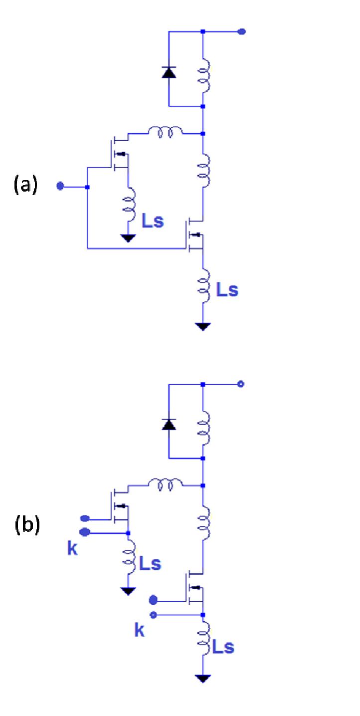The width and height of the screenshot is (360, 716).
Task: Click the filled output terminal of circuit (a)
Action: (242, 31)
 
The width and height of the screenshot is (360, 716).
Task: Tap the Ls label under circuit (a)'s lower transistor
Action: (227, 290)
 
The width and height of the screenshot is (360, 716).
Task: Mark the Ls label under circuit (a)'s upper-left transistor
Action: (152, 221)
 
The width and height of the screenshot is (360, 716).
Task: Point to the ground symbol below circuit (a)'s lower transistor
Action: (203, 326)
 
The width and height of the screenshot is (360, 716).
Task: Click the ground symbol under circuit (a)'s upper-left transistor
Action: (129, 238)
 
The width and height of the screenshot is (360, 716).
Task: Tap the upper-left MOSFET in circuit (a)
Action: (118, 153)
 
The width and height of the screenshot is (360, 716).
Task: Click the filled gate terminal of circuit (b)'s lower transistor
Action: (154, 599)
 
